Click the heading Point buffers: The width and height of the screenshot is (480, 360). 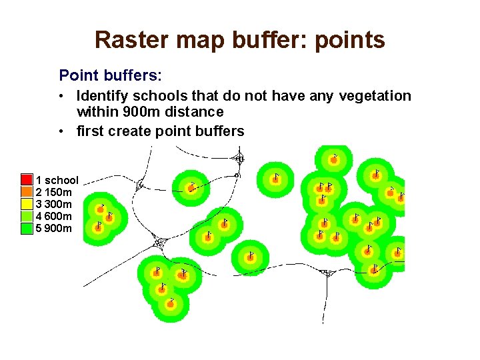point(111,74)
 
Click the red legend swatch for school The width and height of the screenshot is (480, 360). point(27,180)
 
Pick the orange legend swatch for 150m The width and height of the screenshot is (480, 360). point(27,192)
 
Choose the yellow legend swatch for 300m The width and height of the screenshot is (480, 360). point(27,204)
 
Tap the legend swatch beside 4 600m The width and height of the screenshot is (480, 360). point(27,216)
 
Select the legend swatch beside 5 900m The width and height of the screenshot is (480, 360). point(27,228)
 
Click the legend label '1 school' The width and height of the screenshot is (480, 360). point(57,180)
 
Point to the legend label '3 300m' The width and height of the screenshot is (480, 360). point(54,204)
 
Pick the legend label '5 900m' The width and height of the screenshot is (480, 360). point(54,228)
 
